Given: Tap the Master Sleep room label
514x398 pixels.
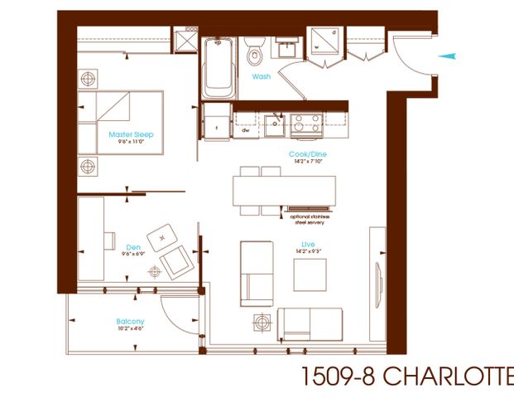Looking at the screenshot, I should pyautogui.click(x=131, y=134).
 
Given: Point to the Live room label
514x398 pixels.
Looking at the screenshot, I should pyautogui.click(x=308, y=244).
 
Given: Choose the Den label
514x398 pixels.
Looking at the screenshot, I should pyautogui.click(x=132, y=246).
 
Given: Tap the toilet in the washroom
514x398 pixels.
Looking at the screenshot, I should pyautogui.click(x=255, y=54).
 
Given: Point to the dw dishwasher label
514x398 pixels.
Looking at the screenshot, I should pyautogui.click(x=246, y=130).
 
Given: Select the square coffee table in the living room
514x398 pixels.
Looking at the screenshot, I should pyautogui.click(x=310, y=274).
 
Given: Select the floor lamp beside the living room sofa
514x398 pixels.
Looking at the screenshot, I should pyautogui.click(x=262, y=321).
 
